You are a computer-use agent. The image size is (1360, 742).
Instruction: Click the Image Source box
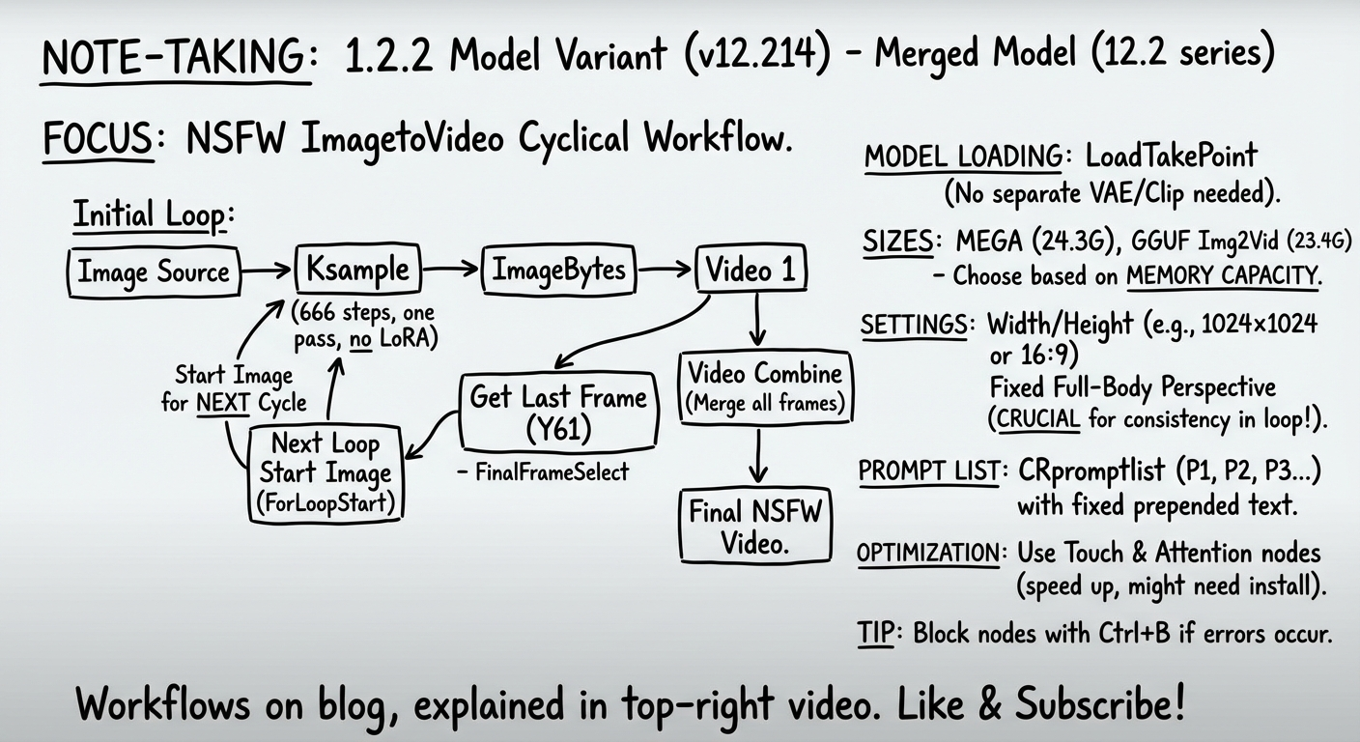click(154, 271)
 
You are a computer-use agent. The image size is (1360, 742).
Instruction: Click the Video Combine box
click(765, 387)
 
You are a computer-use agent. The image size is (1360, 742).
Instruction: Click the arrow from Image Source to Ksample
click(266, 271)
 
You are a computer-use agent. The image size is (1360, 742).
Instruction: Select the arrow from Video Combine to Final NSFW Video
click(759, 455)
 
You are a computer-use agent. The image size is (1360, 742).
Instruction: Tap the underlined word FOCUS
click(98, 140)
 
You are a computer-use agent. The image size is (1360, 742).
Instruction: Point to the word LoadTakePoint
click(1172, 156)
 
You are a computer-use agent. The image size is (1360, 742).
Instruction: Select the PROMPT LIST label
click(928, 471)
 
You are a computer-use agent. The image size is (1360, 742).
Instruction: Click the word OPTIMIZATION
click(927, 553)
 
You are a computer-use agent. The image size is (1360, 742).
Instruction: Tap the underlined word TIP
click(878, 634)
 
